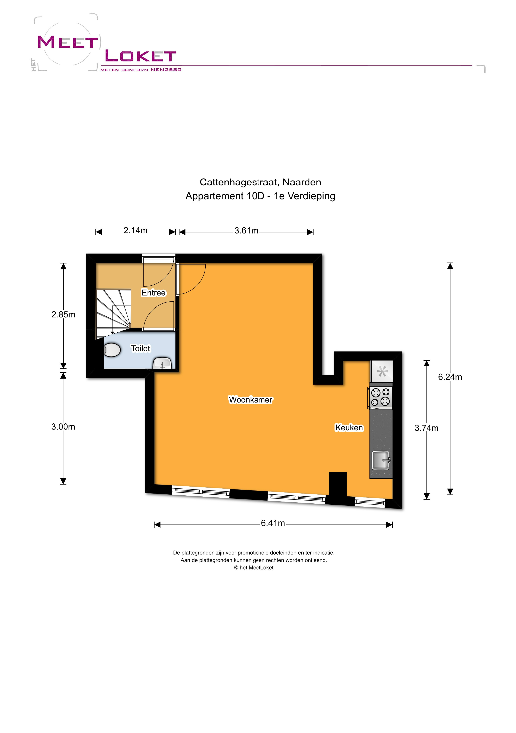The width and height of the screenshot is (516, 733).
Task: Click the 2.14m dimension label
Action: click(135, 231)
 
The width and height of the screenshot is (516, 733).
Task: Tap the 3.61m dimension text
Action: click(246, 231)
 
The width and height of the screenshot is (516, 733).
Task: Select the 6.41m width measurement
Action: click(273, 523)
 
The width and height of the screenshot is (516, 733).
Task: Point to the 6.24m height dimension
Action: click(450, 377)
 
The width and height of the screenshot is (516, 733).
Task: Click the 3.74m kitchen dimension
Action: click(426, 428)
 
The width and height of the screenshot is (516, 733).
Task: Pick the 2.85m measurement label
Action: click(63, 314)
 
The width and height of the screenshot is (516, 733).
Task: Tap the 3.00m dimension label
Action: click(63, 427)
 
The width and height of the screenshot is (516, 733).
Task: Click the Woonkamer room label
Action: click(251, 400)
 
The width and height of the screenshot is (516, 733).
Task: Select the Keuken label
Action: click(349, 428)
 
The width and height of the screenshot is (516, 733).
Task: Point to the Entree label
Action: click(153, 293)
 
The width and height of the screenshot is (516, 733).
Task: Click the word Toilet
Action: click(140, 348)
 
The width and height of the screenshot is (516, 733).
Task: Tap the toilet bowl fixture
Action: click(112, 350)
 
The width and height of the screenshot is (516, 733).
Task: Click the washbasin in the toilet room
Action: click(162, 363)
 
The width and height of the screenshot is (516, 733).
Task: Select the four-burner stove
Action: click(380, 398)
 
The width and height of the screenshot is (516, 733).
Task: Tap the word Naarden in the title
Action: click(302, 182)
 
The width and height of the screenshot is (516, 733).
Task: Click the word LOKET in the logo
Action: click(140, 56)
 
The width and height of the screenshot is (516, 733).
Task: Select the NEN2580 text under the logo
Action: click(166, 70)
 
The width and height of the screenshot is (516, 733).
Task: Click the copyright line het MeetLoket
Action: click(254, 568)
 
